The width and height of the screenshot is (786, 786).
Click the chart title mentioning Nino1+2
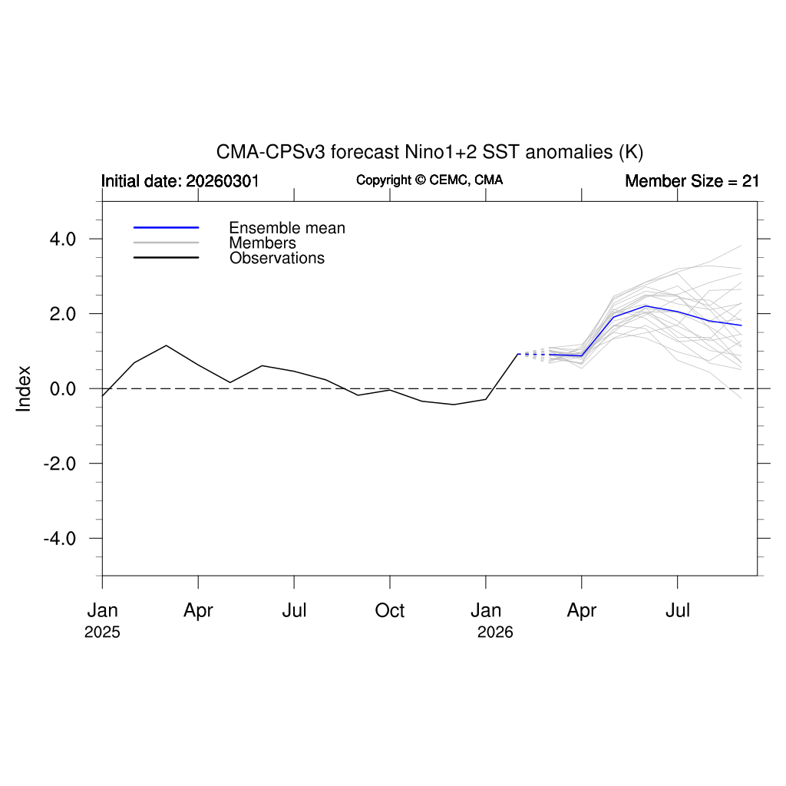tap(429, 151)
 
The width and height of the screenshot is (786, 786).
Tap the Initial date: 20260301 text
tap(180, 181)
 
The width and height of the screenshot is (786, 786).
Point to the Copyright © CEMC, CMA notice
tap(429, 180)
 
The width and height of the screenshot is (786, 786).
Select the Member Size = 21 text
tap(692, 181)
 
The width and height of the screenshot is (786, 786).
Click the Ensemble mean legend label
tap(287, 228)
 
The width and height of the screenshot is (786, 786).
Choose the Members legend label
tap(263, 243)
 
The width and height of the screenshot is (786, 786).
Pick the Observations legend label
tap(277, 258)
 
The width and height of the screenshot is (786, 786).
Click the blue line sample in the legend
tap(166, 228)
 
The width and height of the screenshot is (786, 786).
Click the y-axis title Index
tap(24, 388)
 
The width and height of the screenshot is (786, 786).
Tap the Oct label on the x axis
tap(390, 611)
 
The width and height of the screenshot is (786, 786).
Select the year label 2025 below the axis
tap(102, 633)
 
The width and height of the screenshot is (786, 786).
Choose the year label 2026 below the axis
tap(495, 633)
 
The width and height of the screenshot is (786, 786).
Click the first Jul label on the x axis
tap(294, 611)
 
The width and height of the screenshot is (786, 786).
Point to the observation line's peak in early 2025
tap(166, 345)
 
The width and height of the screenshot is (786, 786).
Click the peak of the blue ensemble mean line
tap(646, 305)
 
